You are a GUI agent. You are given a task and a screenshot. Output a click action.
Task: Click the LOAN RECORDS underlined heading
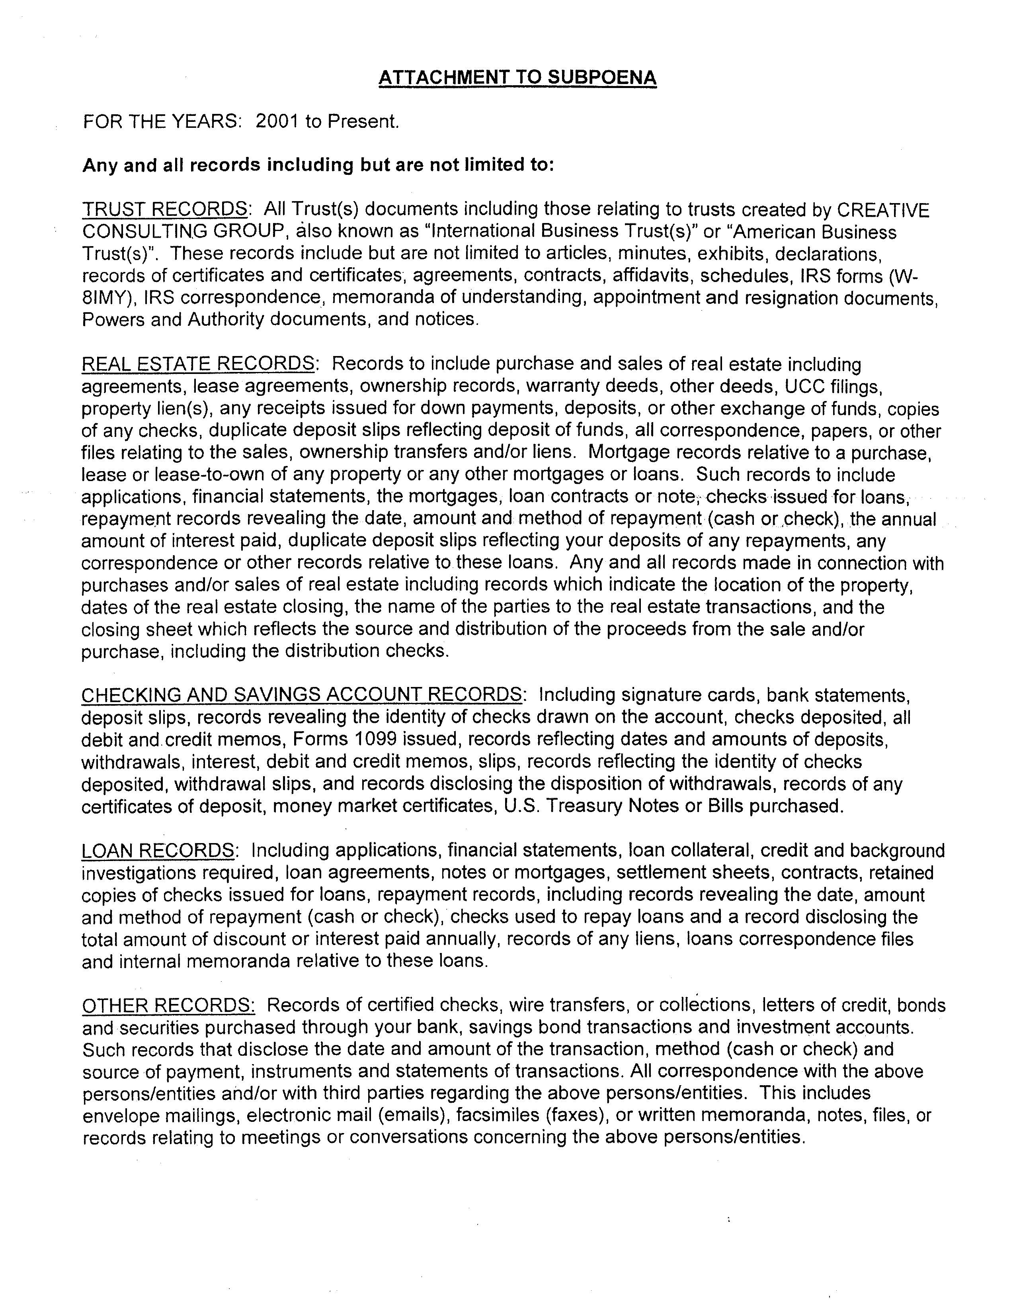(x=158, y=851)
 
